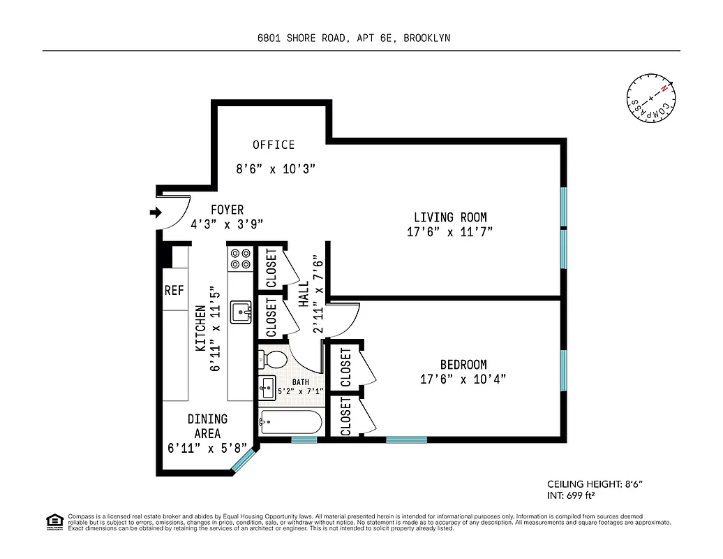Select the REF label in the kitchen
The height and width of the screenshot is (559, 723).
pos(174,290)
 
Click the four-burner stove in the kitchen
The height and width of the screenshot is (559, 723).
pos(241,259)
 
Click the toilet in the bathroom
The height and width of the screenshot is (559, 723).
pos(273,360)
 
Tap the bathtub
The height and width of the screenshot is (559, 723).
pos(290,421)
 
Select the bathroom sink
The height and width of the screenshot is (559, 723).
pos(267,388)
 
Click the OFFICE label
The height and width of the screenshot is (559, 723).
pos(274,145)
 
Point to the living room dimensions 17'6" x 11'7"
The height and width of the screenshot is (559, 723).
pos(450,233)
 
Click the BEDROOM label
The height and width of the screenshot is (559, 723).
pos(463,364)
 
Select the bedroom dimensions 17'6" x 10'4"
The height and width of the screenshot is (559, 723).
pos(463,379)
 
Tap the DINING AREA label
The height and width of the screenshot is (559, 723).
pos(207,426)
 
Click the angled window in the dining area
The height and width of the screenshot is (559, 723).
pos(245,462)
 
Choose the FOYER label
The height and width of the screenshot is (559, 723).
pos(228,210)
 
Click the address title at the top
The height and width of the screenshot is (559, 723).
pos(353,38)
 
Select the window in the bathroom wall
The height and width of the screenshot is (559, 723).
pos(304,440)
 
